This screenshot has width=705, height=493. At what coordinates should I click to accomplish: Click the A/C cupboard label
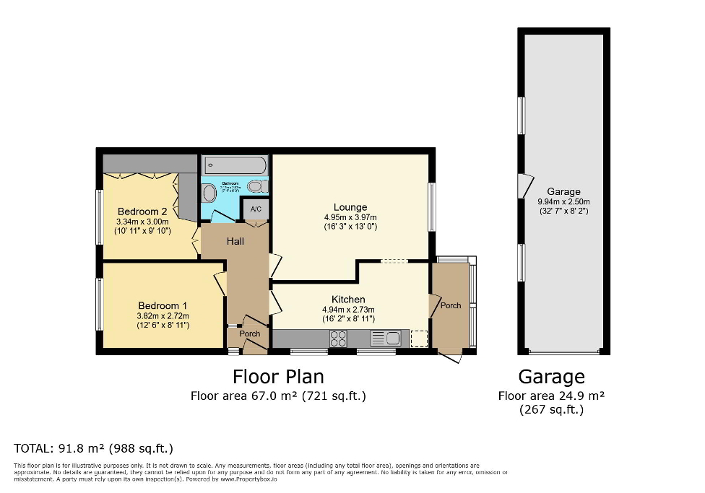[x=256, y=209]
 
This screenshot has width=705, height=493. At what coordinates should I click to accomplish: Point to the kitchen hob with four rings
[x=338, y=338]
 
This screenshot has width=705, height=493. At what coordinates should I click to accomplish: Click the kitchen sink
[x=386, y=338]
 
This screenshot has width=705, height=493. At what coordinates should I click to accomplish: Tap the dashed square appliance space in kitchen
[x=419, y=339]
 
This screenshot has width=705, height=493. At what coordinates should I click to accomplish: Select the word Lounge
[x=350, y=207]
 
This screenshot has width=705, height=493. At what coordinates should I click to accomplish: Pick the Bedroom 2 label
[x=143, y=211]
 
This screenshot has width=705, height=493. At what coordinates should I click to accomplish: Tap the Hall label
[x=235, y=242]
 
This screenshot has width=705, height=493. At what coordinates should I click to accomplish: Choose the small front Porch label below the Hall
[x=250, y=334]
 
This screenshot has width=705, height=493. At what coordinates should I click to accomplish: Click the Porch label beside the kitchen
[x=451, y=305]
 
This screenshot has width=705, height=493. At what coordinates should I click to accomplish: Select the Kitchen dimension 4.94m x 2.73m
[x=348, y=310]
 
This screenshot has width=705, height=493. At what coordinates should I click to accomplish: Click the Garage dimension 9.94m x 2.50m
[x=563, y=202]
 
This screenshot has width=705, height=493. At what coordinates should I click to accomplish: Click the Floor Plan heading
[x=278, y=377]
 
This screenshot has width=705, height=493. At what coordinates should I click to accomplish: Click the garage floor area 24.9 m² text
[x=551, y=396]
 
